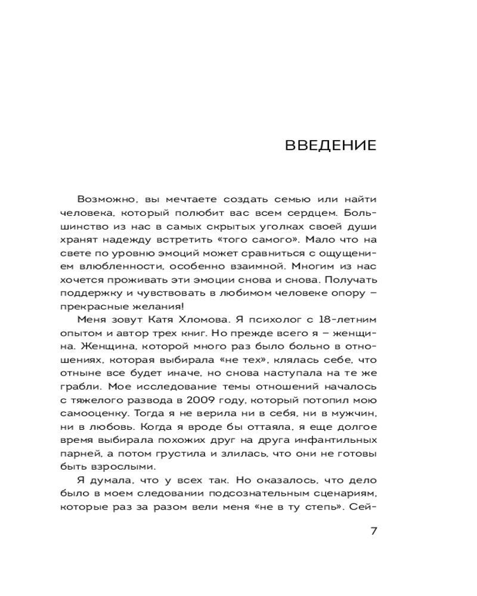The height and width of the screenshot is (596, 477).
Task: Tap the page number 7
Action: click(373, 532)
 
